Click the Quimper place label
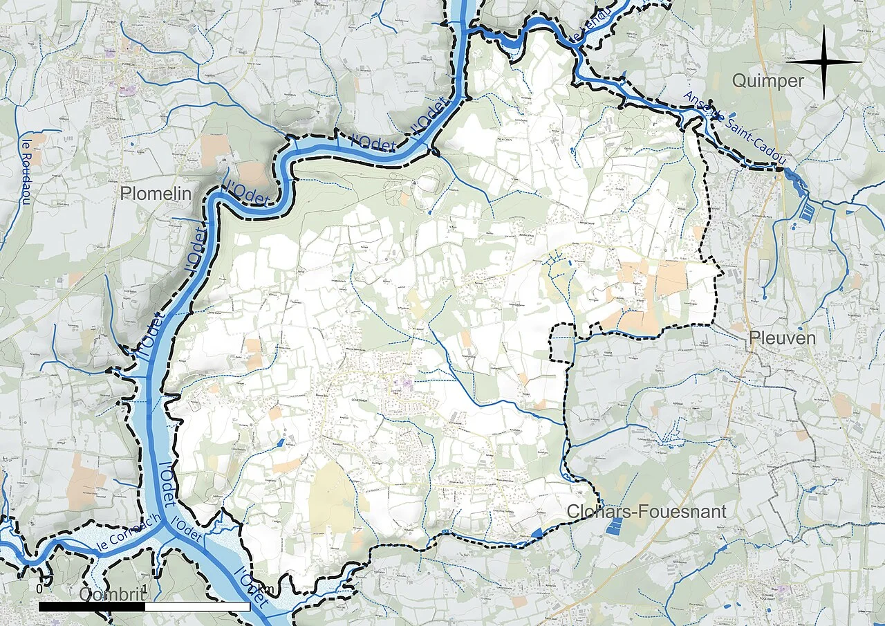[767, 82]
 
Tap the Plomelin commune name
[155, 194]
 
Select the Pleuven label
[783, 338]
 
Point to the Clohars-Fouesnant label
[646, 511]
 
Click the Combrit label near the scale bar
[113, 595]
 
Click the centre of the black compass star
[823, 62]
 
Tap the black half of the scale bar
[92, 607]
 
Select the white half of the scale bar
[198, 607]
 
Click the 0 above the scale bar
[39, 588]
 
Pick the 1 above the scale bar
[145, 588]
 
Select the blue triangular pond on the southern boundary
[537, 533]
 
